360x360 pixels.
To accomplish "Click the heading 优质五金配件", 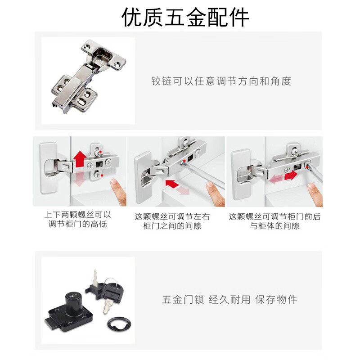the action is (x=185, y=17).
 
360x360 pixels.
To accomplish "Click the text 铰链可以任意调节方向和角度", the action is (x=221, y=81).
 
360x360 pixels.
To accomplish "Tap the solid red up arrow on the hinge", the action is (x=80, y=159).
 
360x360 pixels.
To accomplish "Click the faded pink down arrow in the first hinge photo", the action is (x=79, y=179).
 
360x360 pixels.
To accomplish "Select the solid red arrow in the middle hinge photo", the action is (x=172, y=184).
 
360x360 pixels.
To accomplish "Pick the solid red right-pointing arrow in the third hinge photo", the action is (x=291, y=175).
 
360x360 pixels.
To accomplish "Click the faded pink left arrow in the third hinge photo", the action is (x=276, y=179).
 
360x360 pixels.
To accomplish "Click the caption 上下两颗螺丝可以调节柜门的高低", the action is (x=77, y=219).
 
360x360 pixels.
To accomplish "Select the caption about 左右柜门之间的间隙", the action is (x=172, y=221).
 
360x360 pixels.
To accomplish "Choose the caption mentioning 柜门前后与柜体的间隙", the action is (x=274, y=221).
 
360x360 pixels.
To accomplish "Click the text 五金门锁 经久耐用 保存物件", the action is (x=229, y=300).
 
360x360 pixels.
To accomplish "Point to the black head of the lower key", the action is (x=112, y=292).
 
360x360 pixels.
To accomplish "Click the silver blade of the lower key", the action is (x=107, y=307).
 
